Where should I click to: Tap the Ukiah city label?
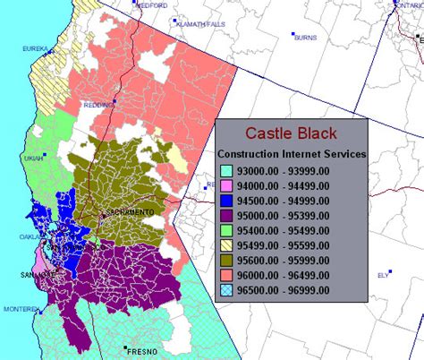click(33, 157)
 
